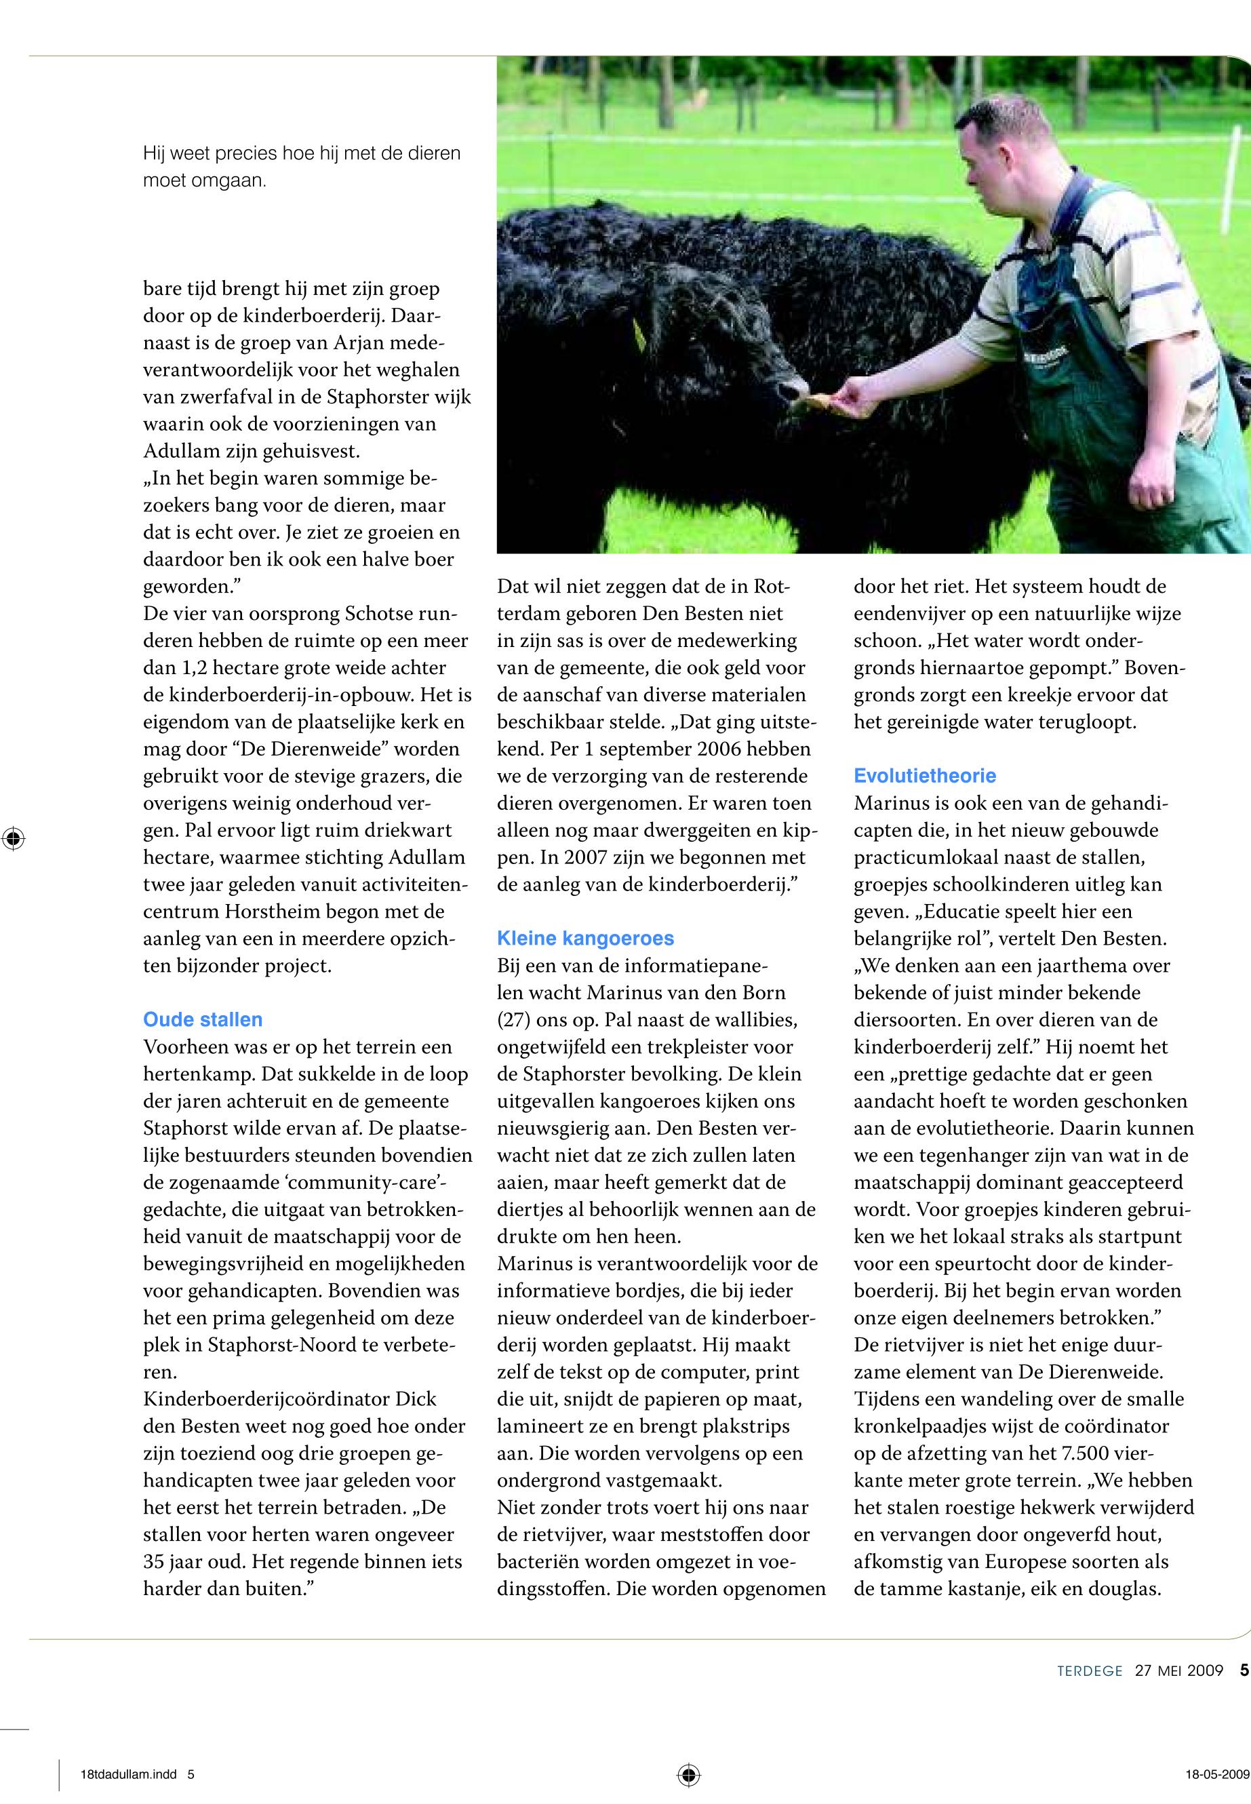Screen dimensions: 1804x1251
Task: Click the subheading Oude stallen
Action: pyautogui.click(x=202, y=1019)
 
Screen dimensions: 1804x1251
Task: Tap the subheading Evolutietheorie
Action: pyautogui.click(x=925, y=775)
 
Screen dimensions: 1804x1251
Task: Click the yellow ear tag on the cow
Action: pyautogui.click(x=639, y=336)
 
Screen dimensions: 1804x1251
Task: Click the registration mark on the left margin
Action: pyautogui.click(x=14, y=838)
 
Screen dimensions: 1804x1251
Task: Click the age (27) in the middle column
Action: pyautogui.click(x=513, y=1020)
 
